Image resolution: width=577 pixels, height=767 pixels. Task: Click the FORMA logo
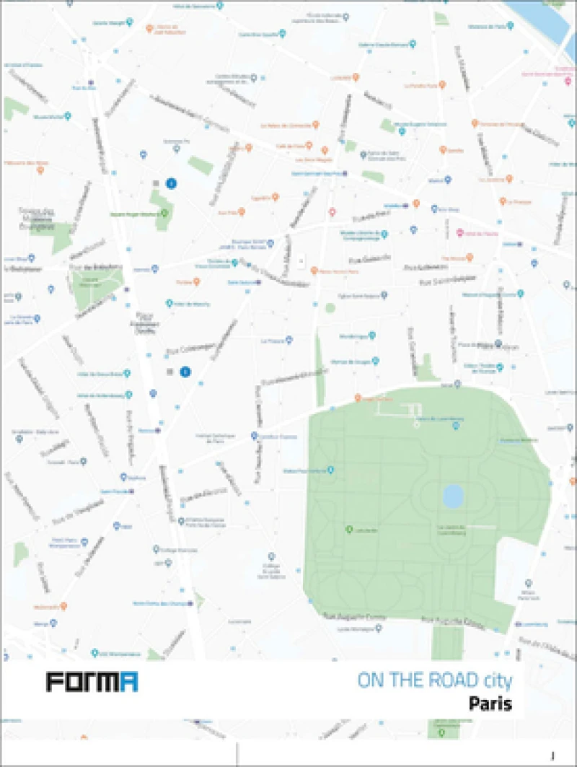pos(92,682)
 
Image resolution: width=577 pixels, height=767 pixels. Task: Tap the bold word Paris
pos(490,704)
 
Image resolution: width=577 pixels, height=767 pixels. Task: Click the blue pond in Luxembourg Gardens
pos(452,495)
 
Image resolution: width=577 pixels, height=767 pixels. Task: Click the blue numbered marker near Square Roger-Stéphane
pos(171,184)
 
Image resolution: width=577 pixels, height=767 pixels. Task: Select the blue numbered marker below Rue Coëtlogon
pos(185,372)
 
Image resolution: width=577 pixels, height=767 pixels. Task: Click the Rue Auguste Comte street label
pos(365,617)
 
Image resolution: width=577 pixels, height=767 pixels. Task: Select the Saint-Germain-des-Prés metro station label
pos(317,173)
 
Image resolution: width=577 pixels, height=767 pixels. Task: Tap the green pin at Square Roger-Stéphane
pos(164,213)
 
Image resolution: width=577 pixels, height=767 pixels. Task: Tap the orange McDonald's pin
pos(63,605)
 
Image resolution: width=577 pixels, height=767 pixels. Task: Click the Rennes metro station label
pos(149,430)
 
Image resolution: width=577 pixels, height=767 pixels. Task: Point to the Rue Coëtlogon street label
pos(190,349)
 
